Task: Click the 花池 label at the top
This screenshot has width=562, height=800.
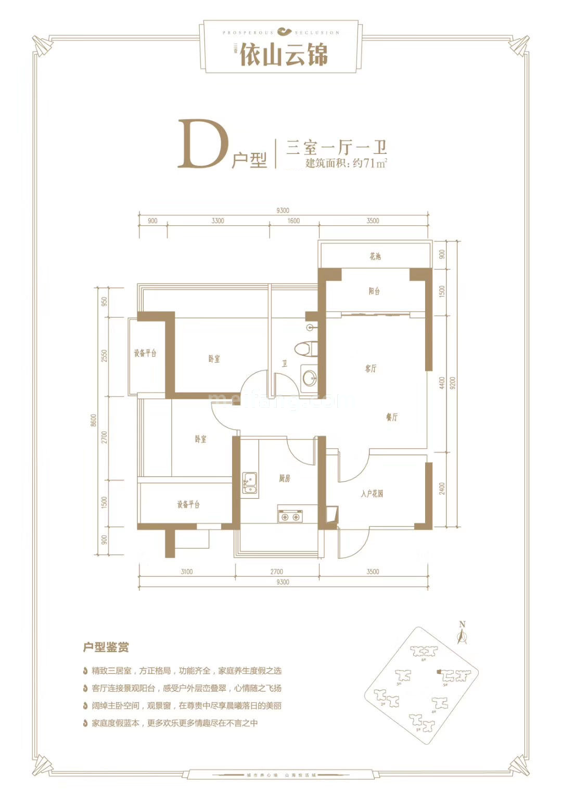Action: [x=375, y=256]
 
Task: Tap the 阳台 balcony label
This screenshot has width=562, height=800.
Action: [x=374, y=291]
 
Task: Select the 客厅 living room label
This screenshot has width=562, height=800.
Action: [x=371, y=369]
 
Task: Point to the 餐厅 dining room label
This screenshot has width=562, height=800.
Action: [x=392, y=417]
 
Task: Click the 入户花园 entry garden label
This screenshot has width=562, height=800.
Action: [x=372, y=494]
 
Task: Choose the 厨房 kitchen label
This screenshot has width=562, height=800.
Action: [x=284, y=479]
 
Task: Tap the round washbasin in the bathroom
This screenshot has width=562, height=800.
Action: [x=309, y=378]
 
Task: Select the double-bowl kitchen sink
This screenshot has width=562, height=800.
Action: [x=250, y=483]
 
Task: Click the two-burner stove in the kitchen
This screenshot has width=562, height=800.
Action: [x=290, y=517]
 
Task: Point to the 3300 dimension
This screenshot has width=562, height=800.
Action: [x=218, y=221]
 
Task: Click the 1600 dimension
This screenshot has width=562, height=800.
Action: [x=293, y=221]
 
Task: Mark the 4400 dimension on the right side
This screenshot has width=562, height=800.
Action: [x=442, y=383]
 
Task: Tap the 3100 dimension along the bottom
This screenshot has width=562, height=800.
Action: [x=186, y=572]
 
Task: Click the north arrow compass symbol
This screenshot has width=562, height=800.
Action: [x=462, y=633]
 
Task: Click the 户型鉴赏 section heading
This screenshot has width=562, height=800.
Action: [x=106, y=648]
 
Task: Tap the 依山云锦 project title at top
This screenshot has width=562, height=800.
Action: [x=284, y=54]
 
